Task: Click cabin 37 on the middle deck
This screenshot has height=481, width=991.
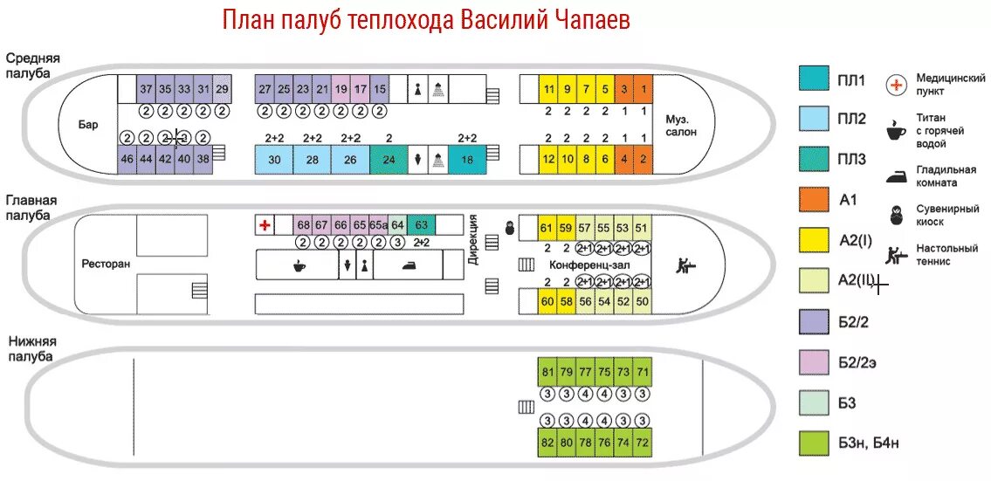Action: click(146, 89)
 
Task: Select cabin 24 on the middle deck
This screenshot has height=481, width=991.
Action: click(389, 160)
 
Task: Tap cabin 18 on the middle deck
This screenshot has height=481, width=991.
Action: click(467, 160)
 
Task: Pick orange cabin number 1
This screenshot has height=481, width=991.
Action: click(643, 89)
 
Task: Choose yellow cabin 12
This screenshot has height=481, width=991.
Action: click(548, 159)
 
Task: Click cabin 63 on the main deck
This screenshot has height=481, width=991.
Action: click(421, 224)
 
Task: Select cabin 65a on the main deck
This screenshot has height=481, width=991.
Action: click(378, 224)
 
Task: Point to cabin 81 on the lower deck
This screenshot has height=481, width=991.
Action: click(547, 372)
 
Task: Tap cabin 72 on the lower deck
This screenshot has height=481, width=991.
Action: click(643, 442)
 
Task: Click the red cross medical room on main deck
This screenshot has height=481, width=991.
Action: click(265, 225)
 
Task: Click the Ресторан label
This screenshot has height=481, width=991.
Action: click(106, 264)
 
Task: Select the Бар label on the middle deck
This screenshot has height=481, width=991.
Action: click(88, 125)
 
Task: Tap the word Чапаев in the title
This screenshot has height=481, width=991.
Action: click(581, 20)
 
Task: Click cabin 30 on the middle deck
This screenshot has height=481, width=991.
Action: click(274, 160)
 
